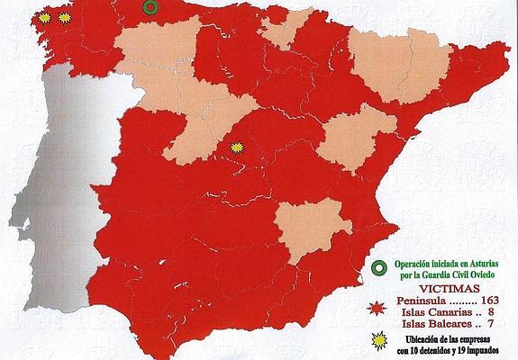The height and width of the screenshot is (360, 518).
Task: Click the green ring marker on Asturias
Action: click(150, 6)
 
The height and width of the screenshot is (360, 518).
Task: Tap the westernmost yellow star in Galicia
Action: click(46, 17)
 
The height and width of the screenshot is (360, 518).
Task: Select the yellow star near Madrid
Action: click(238, 146)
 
